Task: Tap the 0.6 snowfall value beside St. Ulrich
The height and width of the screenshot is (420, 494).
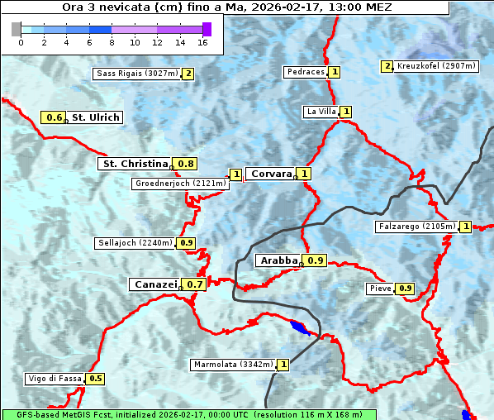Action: (x=55, y=117)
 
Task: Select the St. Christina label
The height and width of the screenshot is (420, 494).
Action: (x=134, y=164)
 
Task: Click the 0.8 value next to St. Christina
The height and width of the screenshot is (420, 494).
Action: (x=186, y=164)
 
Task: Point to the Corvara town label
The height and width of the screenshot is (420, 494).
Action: (x=271, y=174)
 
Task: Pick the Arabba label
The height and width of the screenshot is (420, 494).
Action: (x=278, y=260)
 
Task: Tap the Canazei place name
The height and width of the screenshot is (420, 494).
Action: (x=154, y=284)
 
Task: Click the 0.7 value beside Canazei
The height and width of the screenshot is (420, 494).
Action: (x=195, y=284)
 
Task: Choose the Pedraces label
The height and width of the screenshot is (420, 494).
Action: (x=306, y=72)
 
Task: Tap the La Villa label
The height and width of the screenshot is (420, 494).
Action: (x=321, y=112)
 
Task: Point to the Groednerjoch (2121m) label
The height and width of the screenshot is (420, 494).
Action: (x=180, y=183)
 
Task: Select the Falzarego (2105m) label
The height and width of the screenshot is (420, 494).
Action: (x=416, y=227)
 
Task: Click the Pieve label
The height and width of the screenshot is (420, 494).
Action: (x=380, y=289)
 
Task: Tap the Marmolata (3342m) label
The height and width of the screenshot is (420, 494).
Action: (x=232, y=365)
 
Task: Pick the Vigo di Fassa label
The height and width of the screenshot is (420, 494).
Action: (x=55, y=379)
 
